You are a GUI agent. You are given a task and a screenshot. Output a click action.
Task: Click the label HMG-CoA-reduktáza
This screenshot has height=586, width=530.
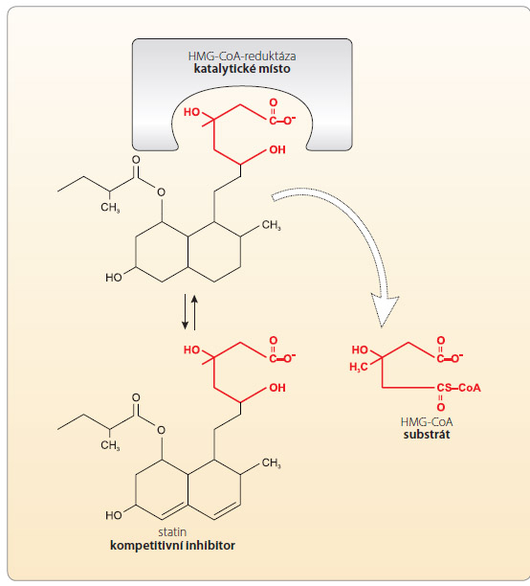[242, 56]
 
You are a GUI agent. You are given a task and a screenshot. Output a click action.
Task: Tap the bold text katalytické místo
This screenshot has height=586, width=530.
[242, 69]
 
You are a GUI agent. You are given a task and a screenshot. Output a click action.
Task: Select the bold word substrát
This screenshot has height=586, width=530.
[427, 435]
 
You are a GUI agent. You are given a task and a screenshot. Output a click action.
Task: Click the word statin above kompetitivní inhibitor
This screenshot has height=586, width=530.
[172, 531]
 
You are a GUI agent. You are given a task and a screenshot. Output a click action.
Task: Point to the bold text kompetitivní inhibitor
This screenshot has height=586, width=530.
[172, 546]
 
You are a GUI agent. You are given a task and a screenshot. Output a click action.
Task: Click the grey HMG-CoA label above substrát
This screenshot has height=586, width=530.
[427, 422]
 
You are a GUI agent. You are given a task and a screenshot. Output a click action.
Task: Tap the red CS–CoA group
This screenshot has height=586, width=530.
[458, 388]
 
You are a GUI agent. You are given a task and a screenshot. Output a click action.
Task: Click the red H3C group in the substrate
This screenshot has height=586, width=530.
[359, 368]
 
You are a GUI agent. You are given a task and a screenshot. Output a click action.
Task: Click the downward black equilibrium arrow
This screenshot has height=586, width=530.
[185, 312]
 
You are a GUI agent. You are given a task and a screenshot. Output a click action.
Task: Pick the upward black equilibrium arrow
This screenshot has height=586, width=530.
[194, 312]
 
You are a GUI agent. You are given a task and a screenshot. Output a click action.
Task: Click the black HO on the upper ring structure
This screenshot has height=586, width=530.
[114, 278]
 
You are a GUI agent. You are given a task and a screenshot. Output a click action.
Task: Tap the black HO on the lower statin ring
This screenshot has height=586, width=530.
[114, 515]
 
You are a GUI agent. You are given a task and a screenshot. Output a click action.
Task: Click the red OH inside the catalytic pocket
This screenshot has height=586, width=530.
[277, 150]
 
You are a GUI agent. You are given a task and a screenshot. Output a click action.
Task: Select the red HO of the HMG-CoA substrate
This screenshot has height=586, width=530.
[360, 350]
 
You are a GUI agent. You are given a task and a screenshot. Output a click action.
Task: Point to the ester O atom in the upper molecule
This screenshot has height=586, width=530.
[161, 192]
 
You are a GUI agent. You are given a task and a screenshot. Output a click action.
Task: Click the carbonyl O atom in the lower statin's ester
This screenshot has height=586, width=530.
[137, 397]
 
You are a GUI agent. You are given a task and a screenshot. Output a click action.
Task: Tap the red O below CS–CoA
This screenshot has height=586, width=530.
[441, 407]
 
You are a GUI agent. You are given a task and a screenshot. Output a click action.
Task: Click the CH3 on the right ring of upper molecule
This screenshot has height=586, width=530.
[271, 225]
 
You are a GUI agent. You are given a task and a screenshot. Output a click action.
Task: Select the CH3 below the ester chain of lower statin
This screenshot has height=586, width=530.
[110, 445]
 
